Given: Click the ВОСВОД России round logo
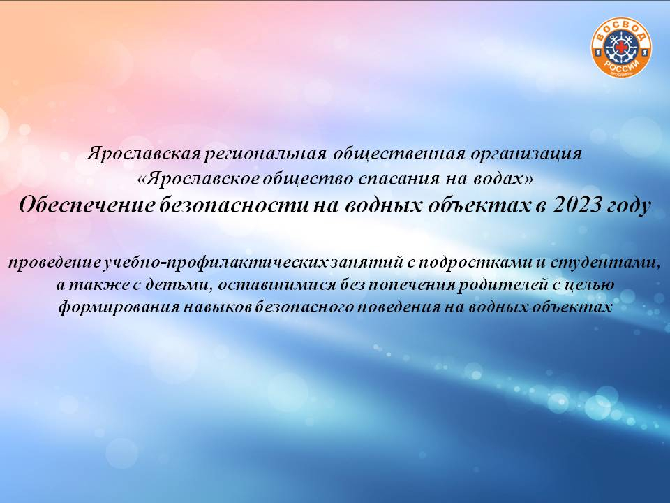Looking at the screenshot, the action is (621, 49).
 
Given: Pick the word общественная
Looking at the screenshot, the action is (399, 154).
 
